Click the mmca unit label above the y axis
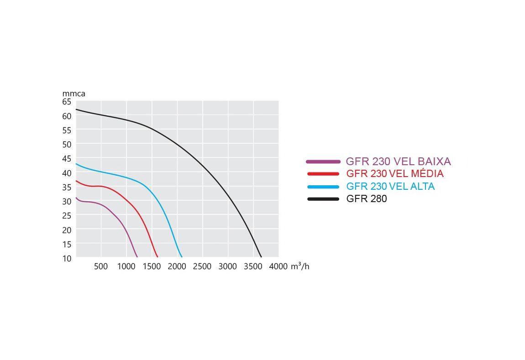(x=74, y=94)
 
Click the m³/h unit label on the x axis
(x=300, y=266)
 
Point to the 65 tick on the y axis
(x=67, y=102)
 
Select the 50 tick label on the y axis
(x=67, y=145)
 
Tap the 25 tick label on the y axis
(x=67, y=215)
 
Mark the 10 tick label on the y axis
(x=67, y=258)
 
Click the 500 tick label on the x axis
(x=101, y=266)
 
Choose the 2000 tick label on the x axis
(x=177, y=266)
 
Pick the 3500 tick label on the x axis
(x=253, y=266)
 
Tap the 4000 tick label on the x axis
(x=278, y=266)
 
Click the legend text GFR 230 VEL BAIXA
(x=398, y=162)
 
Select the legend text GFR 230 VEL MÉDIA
(x=395, y=174)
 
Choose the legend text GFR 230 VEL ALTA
(x=390, y=187)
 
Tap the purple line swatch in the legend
(x=323, y=162)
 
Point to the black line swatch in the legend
(x=323, y=199)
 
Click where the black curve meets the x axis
(x=261, y=257)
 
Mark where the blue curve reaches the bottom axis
(x=182, y=257)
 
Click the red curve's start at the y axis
(x=76, y=181)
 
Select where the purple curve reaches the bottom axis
(x=137, y=257)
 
